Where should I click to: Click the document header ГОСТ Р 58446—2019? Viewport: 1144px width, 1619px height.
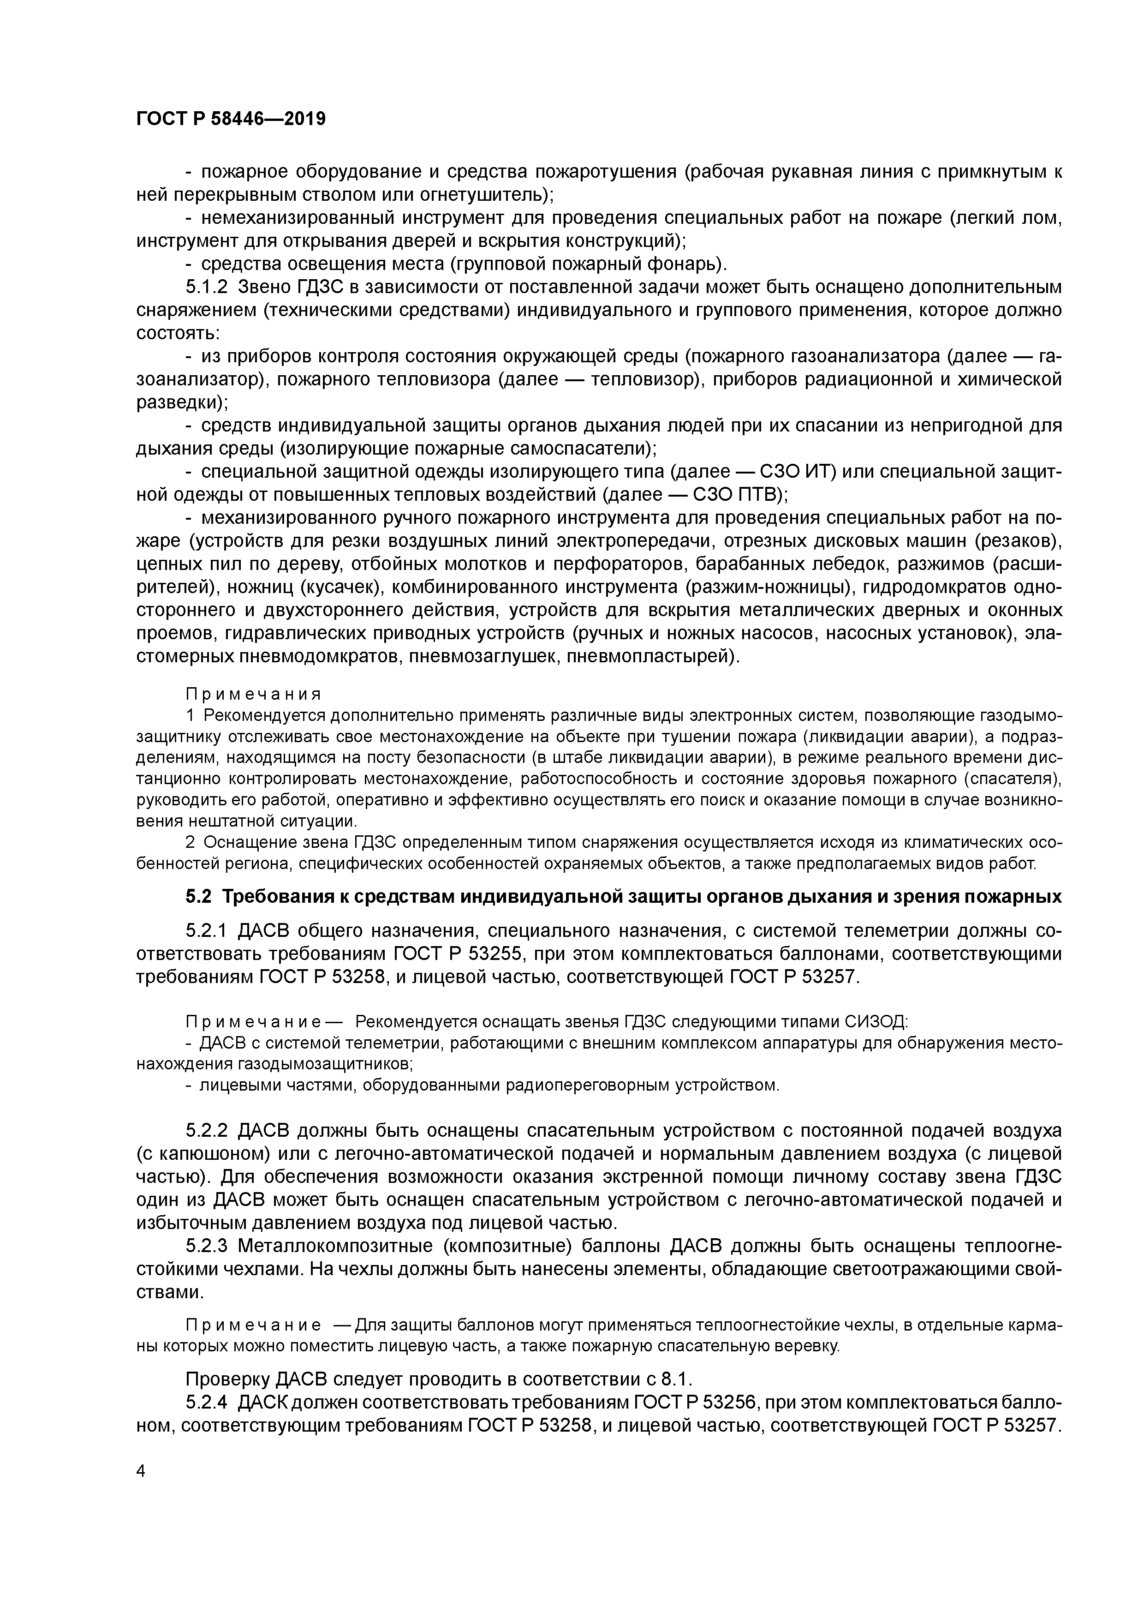231,119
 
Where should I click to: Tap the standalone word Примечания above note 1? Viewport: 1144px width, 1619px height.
253,695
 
